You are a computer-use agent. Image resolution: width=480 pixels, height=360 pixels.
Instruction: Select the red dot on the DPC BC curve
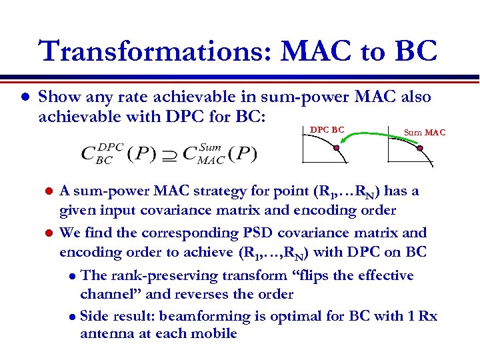click(x=336, y=149)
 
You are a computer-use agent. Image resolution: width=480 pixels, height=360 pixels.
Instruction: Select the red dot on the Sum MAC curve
click(x=420, y=148)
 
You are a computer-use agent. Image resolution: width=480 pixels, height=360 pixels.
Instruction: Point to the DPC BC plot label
click(x=327, y=129)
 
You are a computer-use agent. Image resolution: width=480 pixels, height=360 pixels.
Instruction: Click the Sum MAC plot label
click(x=425, y=133)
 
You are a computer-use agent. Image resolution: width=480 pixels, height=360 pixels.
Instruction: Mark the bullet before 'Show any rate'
click(x=23, y=98)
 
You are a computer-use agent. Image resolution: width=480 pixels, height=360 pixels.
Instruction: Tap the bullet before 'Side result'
click(x=73, y=317)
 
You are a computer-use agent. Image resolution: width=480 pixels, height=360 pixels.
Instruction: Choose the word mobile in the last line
click(x=214, y=333)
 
